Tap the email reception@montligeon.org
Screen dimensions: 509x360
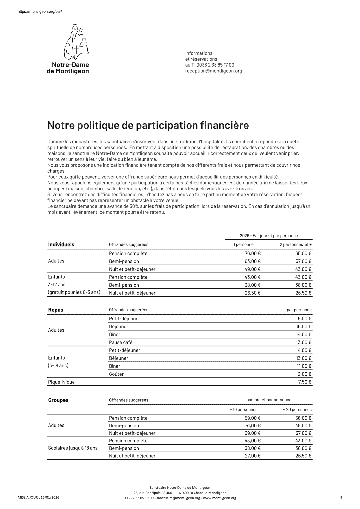[213, 71]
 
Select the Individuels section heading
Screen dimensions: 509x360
[61, 245]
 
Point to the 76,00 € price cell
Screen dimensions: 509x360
[253, 253]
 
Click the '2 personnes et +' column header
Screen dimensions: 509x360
[295, 245]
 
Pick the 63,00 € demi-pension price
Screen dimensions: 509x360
[253, 261]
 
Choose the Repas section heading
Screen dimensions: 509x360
[56, 310]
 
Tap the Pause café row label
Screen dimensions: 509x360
[121, 342]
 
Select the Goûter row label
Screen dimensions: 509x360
[116, 374]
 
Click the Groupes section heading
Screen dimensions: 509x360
[58, 400]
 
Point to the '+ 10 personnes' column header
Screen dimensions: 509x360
[243, 410]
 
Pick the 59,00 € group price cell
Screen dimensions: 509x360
[253, 418]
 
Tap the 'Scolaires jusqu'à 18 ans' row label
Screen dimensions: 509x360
[73, 448]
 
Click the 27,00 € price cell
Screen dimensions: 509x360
[253, 456]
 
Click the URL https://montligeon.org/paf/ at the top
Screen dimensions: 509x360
[40, 11]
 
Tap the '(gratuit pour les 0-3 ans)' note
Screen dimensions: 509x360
[74, 292]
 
